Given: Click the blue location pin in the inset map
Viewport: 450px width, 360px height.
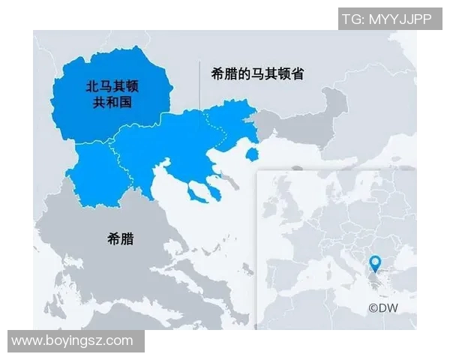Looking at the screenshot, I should pyautogui.click(x=376, y=263).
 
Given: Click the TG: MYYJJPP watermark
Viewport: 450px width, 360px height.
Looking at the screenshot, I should pyautogui.click(x=386, y=19).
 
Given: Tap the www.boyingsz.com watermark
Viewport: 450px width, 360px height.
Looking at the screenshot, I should pyautogui.click(x=73, y=340).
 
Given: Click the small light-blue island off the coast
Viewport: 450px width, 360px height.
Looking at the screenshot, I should pyautogui.click(x=253, y=154).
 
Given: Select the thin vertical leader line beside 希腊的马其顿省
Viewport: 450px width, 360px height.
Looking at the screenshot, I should pyautogui.click(x=199, y=90).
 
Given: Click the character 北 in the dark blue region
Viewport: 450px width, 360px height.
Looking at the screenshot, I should pyautogui.click(x=92, y=86).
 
